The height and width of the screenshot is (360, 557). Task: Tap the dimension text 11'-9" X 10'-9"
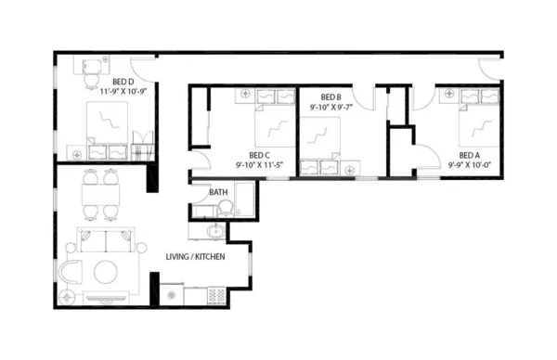coord(124,92)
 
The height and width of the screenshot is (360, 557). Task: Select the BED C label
coord(260,155)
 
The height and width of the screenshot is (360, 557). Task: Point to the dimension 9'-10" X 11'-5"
coord(260,165)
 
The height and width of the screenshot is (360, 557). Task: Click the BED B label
coord(331,96)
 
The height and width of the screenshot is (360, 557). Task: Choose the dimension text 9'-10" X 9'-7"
coord(331,107)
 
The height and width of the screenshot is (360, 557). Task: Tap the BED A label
coord(470,155)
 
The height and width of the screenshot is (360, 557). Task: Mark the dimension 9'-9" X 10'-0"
coord(470,165)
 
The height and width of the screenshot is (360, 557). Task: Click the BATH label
coord(218,193)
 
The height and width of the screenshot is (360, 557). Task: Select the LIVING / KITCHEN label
coord(195,257)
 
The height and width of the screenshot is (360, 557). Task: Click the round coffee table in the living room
coord(103,272)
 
